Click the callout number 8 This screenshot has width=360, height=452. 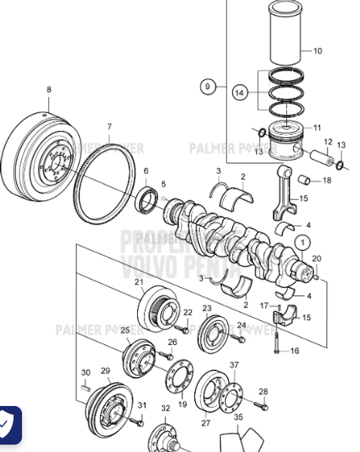tap(49, 90)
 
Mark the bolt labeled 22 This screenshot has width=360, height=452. tap(182, 328)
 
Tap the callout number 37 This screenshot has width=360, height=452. tap(233, 365)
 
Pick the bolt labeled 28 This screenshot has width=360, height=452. tap(261, 406)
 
